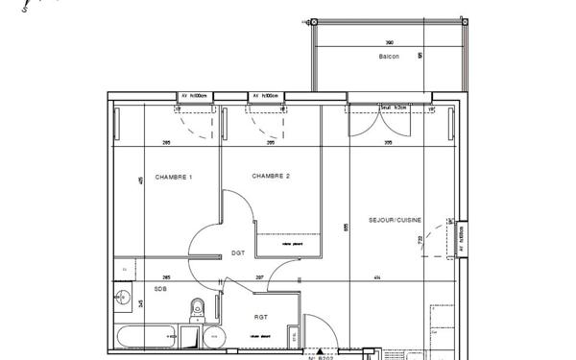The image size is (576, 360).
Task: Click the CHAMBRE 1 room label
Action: (174, 177)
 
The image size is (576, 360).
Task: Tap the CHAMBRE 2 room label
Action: (271, 177)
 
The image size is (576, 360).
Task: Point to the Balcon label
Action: (389, 59)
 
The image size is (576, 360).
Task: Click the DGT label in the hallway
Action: (238, 252)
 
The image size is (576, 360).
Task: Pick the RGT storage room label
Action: (261, 316)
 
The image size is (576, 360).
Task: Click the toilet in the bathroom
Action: (198, 309)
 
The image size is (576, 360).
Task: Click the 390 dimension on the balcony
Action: (389, 43)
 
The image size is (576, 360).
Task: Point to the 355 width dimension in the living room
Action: (388, 143)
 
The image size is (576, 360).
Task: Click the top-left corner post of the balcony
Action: (310, 22)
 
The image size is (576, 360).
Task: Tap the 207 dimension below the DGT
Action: (259, 278)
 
